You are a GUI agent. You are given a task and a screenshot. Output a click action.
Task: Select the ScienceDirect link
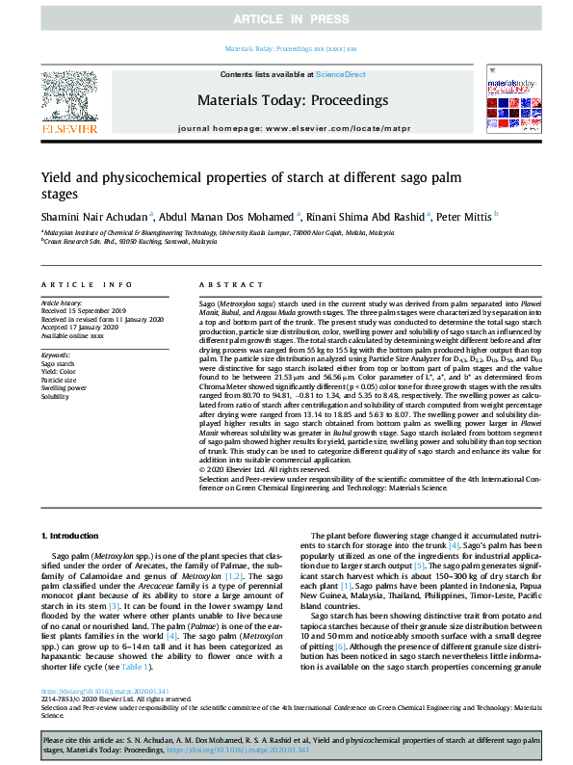click(x=341, y=74)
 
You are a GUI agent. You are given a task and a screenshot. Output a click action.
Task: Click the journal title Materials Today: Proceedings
click(x=292, y=99)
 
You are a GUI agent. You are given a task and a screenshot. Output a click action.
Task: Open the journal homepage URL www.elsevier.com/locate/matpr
click(x=337, y=127)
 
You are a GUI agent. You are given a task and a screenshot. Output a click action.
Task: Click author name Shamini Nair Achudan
click(x=96, y=216)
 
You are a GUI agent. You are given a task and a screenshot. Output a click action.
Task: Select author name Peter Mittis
click(x=464, y=216)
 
